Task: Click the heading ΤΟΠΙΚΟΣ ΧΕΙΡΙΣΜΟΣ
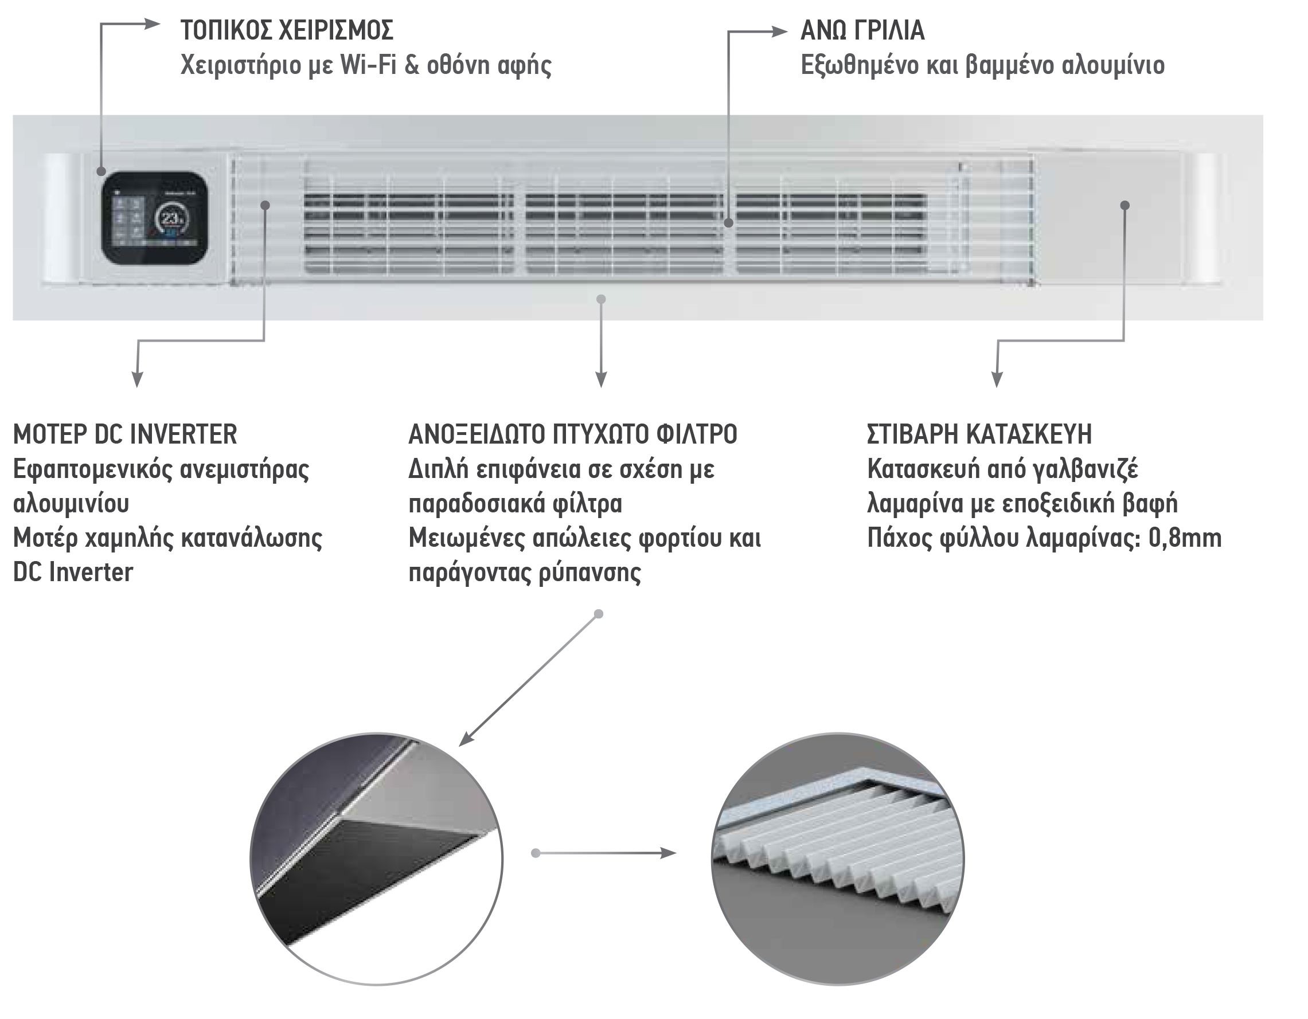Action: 287,30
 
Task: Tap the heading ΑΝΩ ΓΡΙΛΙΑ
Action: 862,30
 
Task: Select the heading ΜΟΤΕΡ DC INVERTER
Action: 125,434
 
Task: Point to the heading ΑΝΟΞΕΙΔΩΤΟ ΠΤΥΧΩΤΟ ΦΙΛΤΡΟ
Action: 572,434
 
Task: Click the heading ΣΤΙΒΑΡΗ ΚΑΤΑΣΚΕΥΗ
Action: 979,434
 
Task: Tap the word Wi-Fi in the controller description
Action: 368,65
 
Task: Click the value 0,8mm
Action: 1185,538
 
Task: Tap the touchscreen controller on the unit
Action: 154,218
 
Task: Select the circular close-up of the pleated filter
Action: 838,859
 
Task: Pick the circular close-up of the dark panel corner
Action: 377,859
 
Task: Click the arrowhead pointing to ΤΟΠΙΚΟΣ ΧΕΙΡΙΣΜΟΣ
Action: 152,23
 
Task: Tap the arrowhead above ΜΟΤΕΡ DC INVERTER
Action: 137,379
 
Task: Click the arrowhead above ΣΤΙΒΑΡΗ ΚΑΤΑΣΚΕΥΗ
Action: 997,379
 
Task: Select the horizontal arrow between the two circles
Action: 604,853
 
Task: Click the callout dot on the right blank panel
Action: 1125,205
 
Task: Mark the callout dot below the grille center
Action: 602,299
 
